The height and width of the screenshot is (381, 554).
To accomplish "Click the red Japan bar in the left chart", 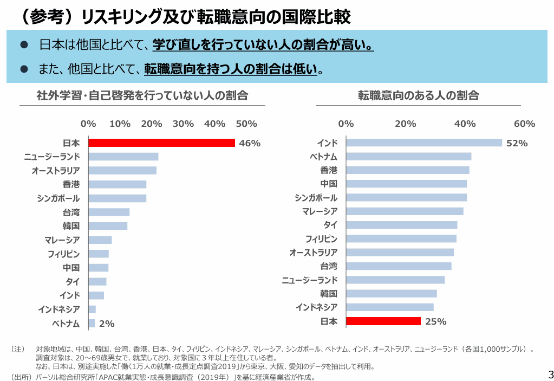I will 161,143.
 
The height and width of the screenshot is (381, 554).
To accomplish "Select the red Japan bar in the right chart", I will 383,321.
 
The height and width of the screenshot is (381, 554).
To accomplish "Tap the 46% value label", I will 250,144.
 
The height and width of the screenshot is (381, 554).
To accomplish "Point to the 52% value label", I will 517,143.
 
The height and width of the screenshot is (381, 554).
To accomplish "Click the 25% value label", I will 435,322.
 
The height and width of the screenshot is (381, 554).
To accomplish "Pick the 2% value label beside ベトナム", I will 107,324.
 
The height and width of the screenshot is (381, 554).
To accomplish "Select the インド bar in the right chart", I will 424,143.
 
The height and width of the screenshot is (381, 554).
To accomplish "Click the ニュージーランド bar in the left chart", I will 123,157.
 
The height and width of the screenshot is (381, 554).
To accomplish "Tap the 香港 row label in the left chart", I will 71,184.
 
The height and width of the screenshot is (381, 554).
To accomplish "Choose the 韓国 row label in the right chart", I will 328,294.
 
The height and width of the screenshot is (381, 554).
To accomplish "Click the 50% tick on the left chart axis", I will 246,124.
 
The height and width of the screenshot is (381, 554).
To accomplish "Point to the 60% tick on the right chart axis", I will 524,124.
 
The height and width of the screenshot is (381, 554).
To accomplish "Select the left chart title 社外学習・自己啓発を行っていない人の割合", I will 142,96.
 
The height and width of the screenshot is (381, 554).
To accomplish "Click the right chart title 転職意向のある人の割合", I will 418,96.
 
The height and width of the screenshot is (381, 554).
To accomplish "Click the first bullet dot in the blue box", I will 23,45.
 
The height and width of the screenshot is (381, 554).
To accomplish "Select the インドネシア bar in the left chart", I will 92,309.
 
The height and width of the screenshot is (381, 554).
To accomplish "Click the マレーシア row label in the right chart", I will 320,211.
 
